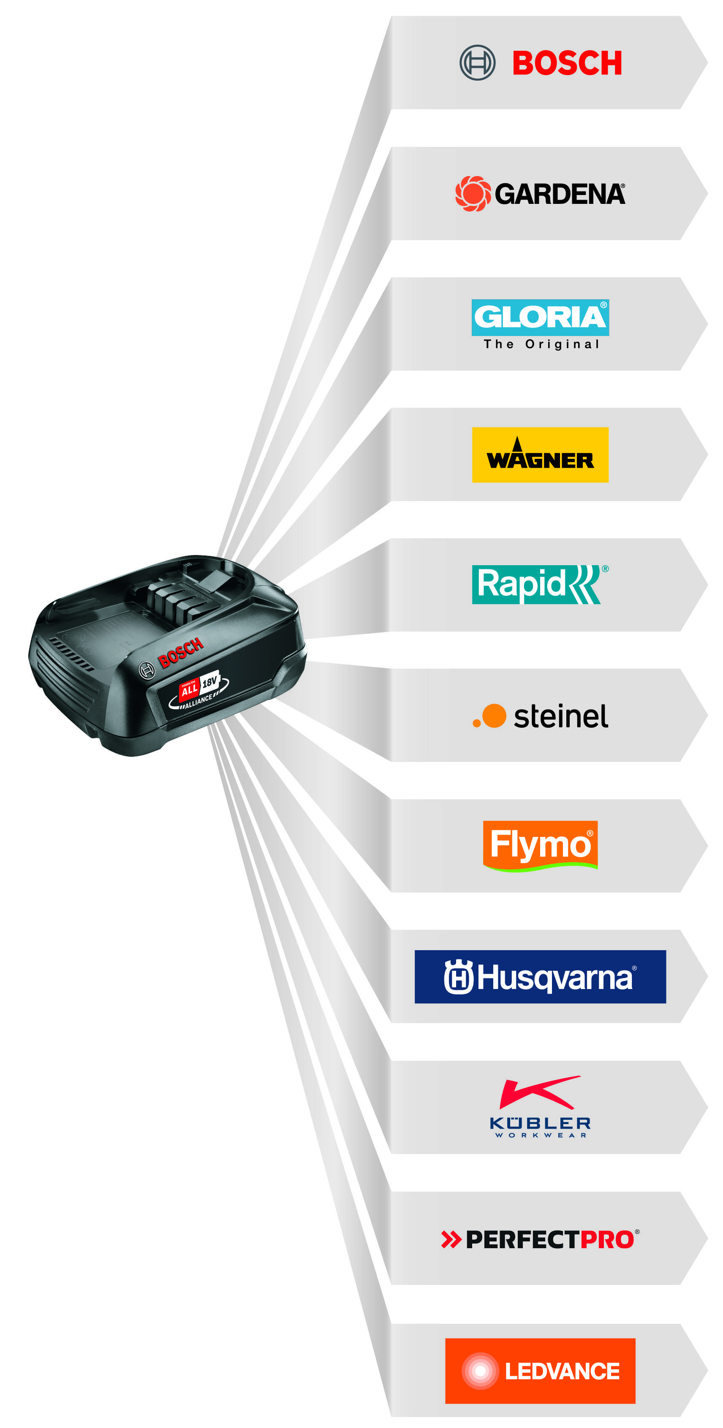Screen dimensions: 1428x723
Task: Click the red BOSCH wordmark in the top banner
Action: pyautogui.click(x=567, y=63)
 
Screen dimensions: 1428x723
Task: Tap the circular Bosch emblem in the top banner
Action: pyautogui.click(x=477, y=62)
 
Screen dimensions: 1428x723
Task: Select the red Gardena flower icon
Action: pyautogui.click(x=473, y=193)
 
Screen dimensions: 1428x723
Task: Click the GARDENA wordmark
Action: pyautogui.click(x=560, y=194)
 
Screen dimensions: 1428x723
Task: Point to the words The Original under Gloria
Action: pyautogui.click(x=541, y=344)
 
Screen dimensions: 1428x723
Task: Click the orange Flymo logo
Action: pyautogui.click(x=540, y=845)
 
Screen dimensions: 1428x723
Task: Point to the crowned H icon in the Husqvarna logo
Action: pyautogui.click(x=458, y=977)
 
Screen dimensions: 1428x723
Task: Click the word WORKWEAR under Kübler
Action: pyautogui.click(x=540, y=1135)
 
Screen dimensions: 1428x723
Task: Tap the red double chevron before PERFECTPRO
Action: pyautogui.click(x=451, y=1239)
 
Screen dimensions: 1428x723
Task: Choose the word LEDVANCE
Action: pyautogui.click(x=562, y=1371)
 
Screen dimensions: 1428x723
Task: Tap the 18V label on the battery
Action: pyautogui.click(x=209, y=682)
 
